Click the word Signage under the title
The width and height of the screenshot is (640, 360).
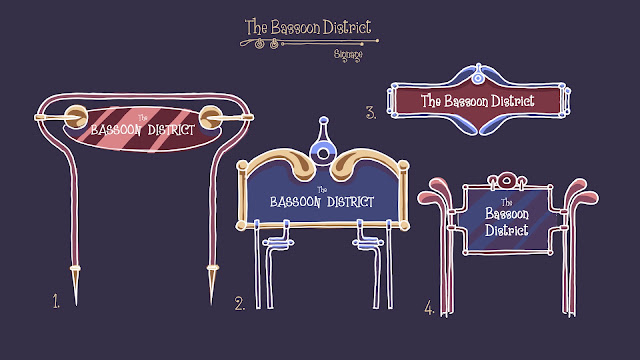tap(348, 55)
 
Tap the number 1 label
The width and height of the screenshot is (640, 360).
tap(56, 301)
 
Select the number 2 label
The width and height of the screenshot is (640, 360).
tap(240, 304)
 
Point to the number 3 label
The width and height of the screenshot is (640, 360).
tap(371, 113)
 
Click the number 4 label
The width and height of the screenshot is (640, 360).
tap(429, 307)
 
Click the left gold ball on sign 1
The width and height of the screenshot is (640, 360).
tap(76, 117)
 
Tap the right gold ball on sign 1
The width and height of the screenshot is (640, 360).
tap(211, 117)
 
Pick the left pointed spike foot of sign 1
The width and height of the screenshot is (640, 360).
tap(76, 285)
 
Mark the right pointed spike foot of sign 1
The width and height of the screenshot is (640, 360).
tap(212, 285)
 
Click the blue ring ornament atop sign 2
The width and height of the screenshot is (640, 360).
tap(323, 153)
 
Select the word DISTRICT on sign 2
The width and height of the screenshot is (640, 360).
tap(350, 202)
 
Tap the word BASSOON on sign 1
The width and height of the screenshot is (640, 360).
tap(116, 130)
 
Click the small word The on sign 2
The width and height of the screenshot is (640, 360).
tap(322, 190)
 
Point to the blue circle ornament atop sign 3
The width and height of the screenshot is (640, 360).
tap(478, 78)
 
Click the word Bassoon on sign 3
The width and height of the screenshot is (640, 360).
tap(466, 101)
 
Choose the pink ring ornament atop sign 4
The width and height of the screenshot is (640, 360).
tap(507, 180)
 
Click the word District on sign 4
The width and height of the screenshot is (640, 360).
tap(507, 230)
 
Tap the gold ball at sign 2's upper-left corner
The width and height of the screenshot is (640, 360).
tap(242, 165)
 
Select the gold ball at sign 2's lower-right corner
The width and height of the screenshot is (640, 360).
tap(404, 226)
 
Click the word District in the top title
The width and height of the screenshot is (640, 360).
tap(347, 27)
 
